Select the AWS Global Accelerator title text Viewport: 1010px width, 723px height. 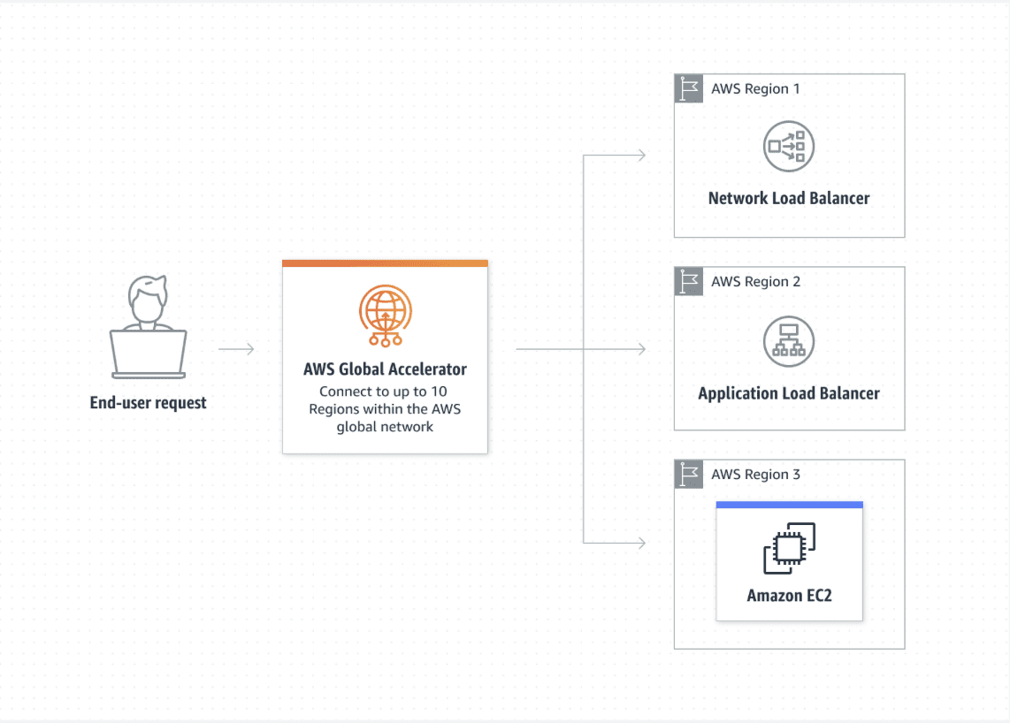click(386, 369)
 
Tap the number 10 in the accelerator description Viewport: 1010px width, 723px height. click(439, 392)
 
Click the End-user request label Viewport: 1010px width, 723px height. click(149, 403)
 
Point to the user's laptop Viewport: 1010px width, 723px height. click(149, 354)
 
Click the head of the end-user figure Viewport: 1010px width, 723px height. click(149, 299)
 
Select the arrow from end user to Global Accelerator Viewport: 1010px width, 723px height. click(236, 349)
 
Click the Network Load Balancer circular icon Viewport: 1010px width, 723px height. click(789, 146)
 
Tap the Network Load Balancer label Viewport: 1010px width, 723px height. click(789, 198)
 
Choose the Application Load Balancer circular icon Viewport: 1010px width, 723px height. click(789, 341)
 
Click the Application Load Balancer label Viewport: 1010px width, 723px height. click(789, 393)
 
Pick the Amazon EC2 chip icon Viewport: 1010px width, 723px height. click(790, 548)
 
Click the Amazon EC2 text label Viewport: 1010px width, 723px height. click(790, 596)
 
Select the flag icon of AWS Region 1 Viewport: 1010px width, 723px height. click(689, 88)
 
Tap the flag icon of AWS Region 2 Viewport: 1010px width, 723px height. click(689, 281)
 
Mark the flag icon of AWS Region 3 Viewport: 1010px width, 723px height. click(689, 475)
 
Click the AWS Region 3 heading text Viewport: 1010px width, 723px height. click(755, 475)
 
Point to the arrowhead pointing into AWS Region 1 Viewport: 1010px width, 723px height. click(641, 156)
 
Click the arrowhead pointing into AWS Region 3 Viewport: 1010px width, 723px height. click(641, 543)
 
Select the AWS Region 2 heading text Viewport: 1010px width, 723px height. click(755, 281)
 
